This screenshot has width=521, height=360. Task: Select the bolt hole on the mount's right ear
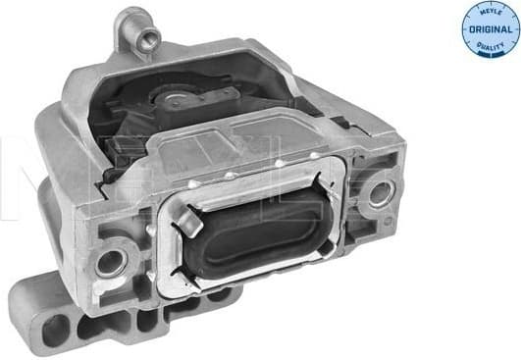(374, 194)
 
